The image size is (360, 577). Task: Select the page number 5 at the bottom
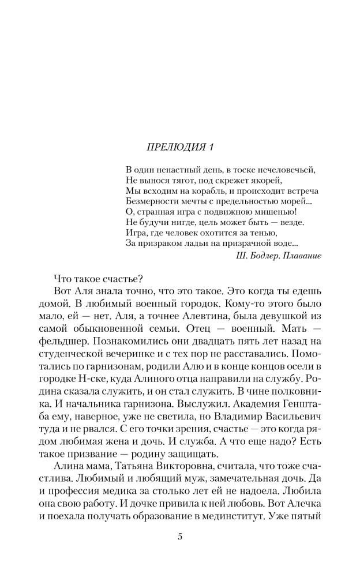pos(180,537)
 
